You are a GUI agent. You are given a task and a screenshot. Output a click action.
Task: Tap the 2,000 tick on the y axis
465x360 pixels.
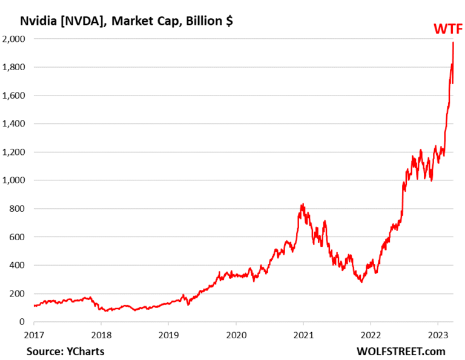(15, 39)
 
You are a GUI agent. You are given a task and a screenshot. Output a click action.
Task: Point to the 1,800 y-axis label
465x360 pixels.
(15, 67)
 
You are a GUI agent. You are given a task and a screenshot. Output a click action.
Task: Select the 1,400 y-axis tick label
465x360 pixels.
(15, 124)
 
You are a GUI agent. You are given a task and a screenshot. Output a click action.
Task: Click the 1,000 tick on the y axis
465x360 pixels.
(15, 180)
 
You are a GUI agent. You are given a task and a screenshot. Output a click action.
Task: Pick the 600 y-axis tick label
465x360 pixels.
(19, 237)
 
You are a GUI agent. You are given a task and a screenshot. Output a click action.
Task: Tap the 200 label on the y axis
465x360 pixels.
(19, 293)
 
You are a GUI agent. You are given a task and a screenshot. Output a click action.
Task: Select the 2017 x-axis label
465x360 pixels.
(35, 335)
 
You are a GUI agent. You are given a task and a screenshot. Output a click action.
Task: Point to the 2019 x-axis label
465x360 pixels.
(169, 335)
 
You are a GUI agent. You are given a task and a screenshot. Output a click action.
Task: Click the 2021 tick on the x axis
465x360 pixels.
(303, 335)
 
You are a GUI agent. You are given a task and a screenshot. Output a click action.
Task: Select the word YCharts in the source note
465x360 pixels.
(85, 350)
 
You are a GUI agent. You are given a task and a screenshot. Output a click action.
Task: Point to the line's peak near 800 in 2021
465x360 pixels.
(302, 205)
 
